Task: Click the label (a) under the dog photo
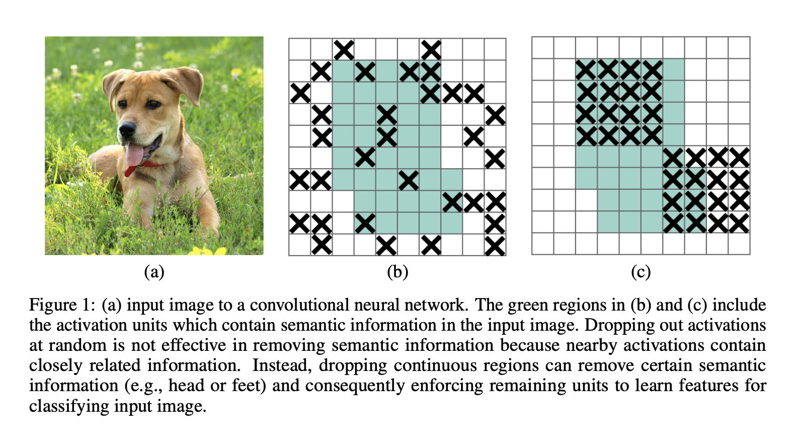pos(154,272)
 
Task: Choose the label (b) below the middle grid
pos(397,272)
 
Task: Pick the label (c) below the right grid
pos(640,272)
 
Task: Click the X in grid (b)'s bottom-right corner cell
pos(495,246)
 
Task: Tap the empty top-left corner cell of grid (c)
pos(543,48)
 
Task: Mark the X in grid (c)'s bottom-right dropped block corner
pos(739,222)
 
